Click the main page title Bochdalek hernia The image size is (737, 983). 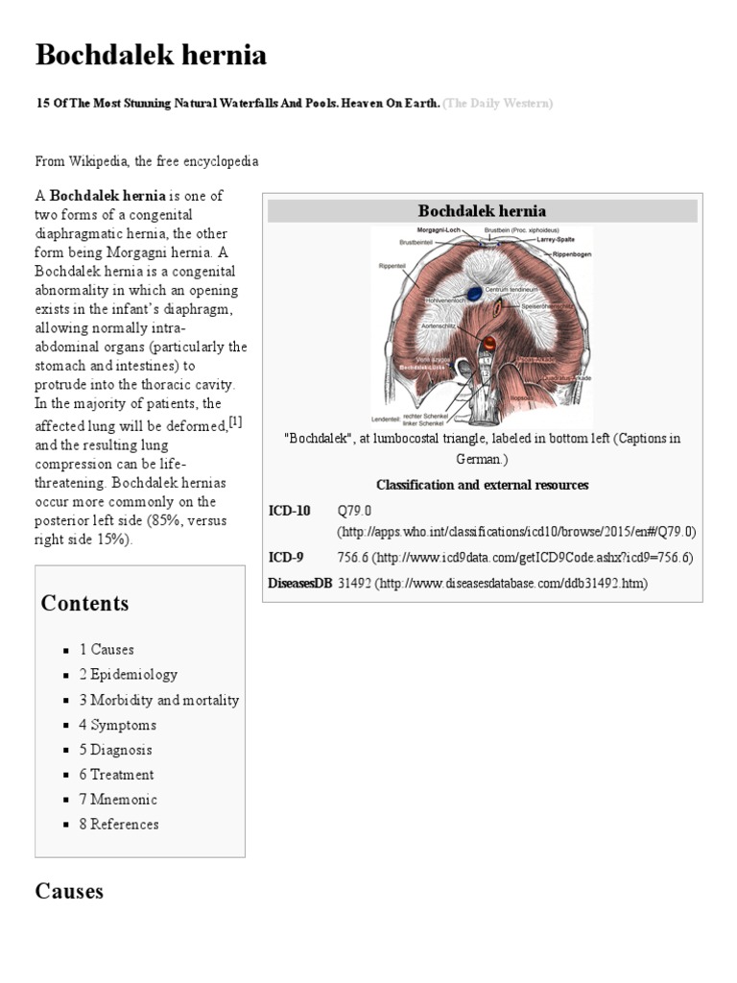pyautogui.click(x=151, y=57)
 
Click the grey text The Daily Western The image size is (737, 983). pyautogui.click(x=498, y=103)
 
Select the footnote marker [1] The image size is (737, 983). pyautogui.click(x=235, y=422)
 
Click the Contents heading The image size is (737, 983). pyautogui.click(x=84, y=604)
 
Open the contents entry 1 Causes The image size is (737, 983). pyautogui.click(x=107, y=650)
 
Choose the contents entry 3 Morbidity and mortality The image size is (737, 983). pyautogui.click(x=158, y=700)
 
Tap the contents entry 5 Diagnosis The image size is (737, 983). pyautogui.click(x=115, y=750)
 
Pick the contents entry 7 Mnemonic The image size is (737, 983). pyautogui.click(x=118, y=800)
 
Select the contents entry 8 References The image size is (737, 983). pyautogui.click(x=119, y=825)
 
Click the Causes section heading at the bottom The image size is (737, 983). pyautogui.click(x=69, y=892)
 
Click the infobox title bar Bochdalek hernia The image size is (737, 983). pyautogui.click(x=482, y=211)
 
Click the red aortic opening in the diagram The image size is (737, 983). pyautogui.click(x=488, y=343)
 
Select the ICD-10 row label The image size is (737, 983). pyautogui.click(x=289, y=511)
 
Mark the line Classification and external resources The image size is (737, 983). pyautogui.click(x=482, y=486)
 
